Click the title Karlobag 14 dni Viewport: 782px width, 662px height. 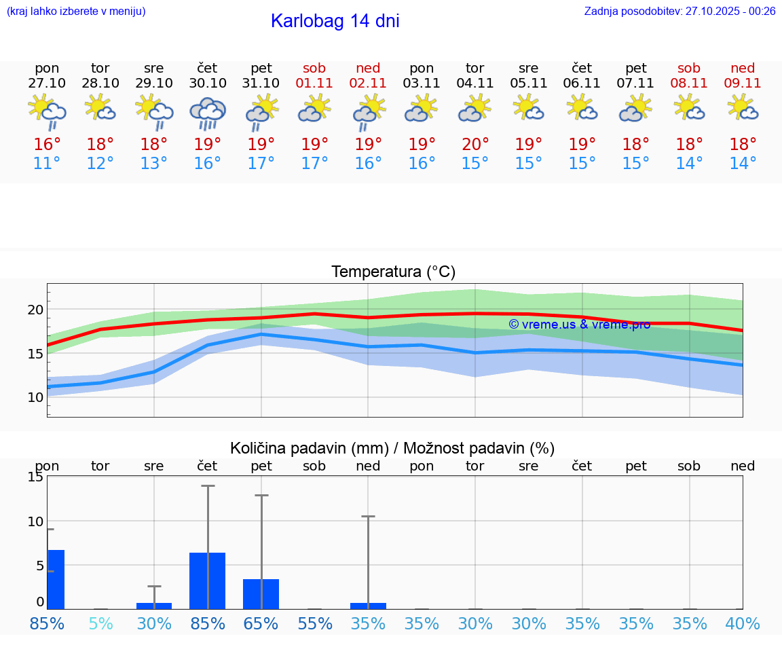click(335, 21)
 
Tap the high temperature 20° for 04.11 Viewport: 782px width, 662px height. click(475, 145)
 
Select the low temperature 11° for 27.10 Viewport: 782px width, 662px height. click(47, 164)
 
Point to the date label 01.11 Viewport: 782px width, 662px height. click(314, 84)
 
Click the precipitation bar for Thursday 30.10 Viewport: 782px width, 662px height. click(208, 581)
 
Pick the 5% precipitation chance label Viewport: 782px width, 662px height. click(100, 623)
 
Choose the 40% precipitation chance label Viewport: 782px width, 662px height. click(743, 623)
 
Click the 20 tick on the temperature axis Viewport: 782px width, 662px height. click(36, 310)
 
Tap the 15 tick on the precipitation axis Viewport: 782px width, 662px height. click(36, 477)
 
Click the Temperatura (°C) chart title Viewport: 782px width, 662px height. click(393, 272)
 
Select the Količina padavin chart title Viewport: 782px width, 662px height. click(392, 448)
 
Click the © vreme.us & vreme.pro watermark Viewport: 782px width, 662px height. click(579, 325)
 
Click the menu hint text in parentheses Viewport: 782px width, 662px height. click(76, 12)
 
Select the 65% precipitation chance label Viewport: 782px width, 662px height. click(261, 623)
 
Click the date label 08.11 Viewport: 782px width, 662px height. click(689, 84)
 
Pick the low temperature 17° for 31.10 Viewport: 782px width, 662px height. click(261, 164)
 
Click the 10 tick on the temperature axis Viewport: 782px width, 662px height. click(36, 397)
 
